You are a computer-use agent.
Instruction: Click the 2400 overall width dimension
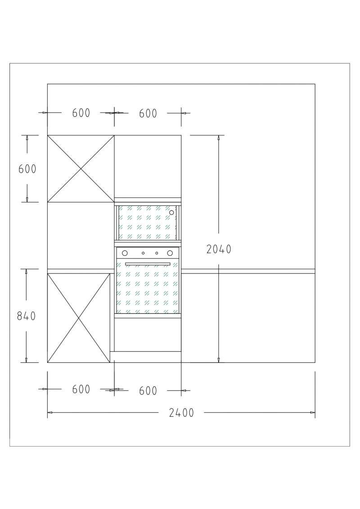181,413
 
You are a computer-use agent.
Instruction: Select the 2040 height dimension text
219,249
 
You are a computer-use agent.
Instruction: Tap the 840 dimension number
26,316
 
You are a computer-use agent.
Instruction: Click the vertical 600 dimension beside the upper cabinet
27,169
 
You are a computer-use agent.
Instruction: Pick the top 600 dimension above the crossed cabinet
81,113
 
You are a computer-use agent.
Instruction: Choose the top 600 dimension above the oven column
148,113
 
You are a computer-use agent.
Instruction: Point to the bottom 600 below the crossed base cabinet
81,389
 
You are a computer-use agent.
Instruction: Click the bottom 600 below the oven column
148,390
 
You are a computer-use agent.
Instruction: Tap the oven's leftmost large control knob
125,253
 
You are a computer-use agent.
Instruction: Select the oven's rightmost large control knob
170,253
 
